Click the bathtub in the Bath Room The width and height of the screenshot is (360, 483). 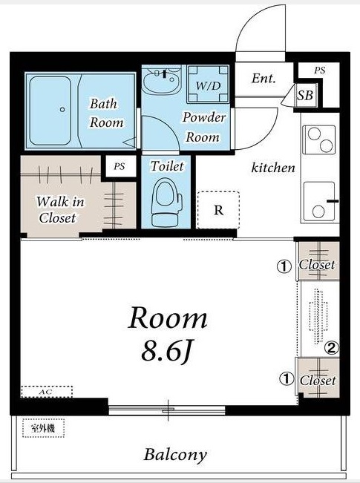coord(50,111)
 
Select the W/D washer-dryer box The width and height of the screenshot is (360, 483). coord(208,84)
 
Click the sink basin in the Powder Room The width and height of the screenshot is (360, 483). coord(162,81)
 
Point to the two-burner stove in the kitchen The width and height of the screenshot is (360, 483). coord(319,139)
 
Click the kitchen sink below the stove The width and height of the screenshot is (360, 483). coord(319,202)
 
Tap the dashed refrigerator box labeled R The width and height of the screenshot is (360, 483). coord(218,210)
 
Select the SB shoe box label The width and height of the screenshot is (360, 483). coord(305,95)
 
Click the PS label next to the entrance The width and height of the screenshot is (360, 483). coord(320,70)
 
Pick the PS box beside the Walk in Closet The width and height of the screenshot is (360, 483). coord(120,166)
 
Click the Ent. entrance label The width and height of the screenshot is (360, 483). coord(264,78)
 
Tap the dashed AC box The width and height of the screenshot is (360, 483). coord(47,392)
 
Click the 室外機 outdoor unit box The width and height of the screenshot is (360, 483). coord(43,428)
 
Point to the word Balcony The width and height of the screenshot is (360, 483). coord(175,456)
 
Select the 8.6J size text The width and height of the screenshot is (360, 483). coord(167,352)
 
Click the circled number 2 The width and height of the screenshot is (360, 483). coord(332,348)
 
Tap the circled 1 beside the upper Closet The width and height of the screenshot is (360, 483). coord(284,266)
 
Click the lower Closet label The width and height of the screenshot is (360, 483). coord(318,381)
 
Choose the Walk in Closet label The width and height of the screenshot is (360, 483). coord(60,210)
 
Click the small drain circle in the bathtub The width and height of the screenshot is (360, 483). coord(62,109)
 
